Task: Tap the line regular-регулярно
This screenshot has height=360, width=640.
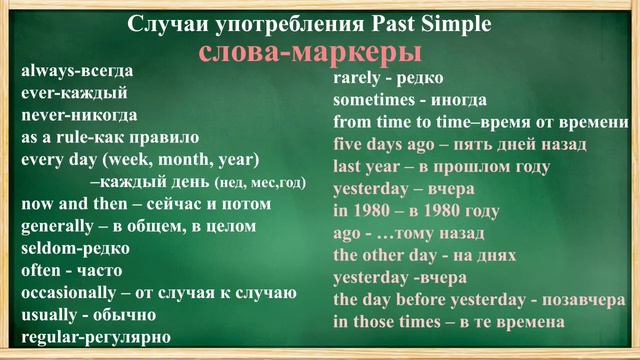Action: pos(96,336)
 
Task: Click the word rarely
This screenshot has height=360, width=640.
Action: pos(357,78)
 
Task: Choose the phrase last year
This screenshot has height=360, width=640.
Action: pos(368,166)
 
